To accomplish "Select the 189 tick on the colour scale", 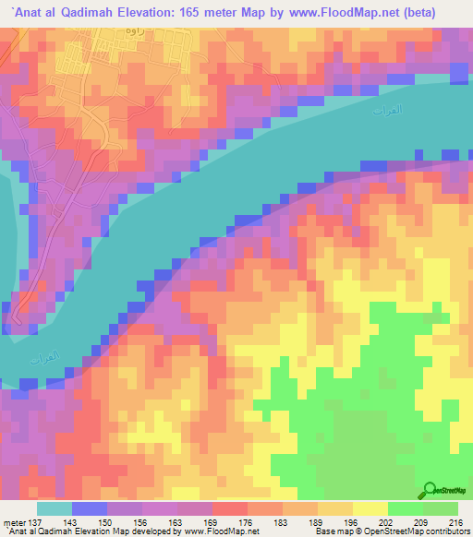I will point(318,521).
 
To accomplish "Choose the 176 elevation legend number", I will point(249,521).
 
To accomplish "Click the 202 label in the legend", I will point(387,521).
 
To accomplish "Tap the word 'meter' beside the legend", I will point(13,521).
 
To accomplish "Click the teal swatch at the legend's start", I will point(55,508).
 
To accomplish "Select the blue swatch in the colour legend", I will point(90,508).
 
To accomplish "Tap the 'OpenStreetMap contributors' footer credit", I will point(418,531).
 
